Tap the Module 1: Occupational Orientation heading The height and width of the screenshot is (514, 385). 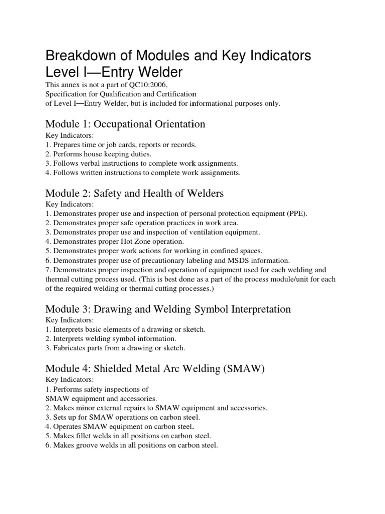(x=125, y=123)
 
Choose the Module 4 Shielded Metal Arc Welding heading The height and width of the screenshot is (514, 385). (x=154, y=369)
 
